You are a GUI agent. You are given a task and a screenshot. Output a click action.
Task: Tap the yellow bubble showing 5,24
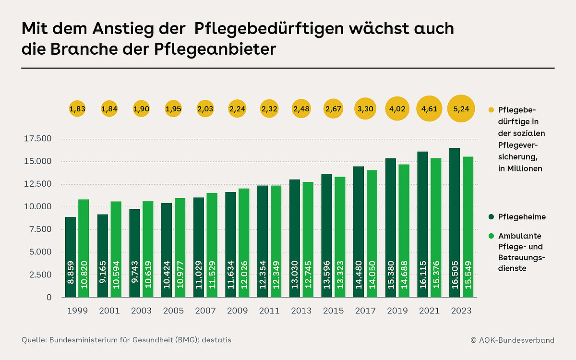(461, 109)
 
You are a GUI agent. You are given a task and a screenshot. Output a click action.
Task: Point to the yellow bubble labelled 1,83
(77, 109)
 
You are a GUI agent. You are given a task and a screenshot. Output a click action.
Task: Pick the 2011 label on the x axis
(270, 311)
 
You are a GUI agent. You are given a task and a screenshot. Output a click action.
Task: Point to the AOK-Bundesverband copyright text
(512, 340)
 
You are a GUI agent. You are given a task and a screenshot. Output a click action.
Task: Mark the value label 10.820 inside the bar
(84, 277)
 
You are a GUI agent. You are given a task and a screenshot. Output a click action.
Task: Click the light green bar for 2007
(212, 245)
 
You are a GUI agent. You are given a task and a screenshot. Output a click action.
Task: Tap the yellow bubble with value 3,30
(365, 109)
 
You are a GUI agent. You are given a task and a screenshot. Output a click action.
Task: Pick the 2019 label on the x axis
(396, 311)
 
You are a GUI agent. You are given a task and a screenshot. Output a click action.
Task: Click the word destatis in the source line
(216, 340)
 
